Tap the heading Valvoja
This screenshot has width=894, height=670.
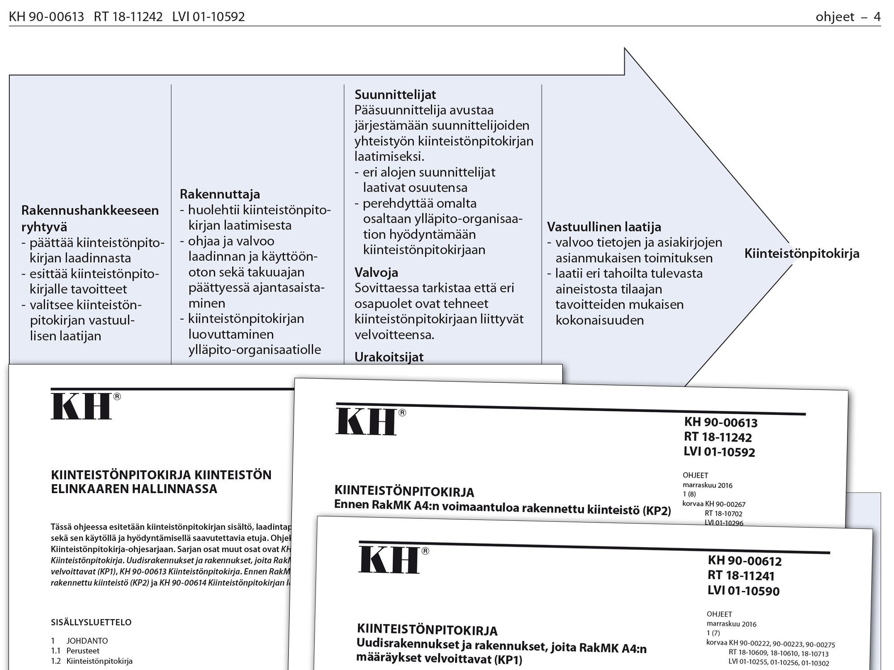pyautogui.click(x=376, y=272)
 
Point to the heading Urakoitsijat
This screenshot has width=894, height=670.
pyautogui.click(x=388, y=357)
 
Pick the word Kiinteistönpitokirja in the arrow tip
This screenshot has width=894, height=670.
pyautogui.click(x=801, y=254)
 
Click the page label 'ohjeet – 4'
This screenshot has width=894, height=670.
pyautogui.click(x=848, y=17)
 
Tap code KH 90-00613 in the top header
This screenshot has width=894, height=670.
pyautogui.click(x=46, y=17)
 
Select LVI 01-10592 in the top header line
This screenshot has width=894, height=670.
pyautogui.click(x=208, y=17)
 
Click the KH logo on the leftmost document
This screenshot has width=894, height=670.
pyautogui.click(x=82, y=406)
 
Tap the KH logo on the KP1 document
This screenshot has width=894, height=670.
pyautogui.click(x=390, y=560)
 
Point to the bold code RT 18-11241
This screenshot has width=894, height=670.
pyautogui.click(x=741, y=576)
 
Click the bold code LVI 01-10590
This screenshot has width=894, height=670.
pyautogui.click(x=743, y=591)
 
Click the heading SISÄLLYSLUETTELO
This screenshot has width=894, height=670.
pyautogui.click(x=91, y=622)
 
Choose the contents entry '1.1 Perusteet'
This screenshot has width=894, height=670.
pyautogui.click(x=75, y=651)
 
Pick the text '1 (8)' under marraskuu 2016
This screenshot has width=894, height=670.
pyautogui.click(x=689, y=494)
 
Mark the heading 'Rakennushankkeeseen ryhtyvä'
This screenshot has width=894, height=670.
pyautogui.click(x=90, y=218)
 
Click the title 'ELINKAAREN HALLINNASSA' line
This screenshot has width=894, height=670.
pyautogui.click(x=134, y=489)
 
